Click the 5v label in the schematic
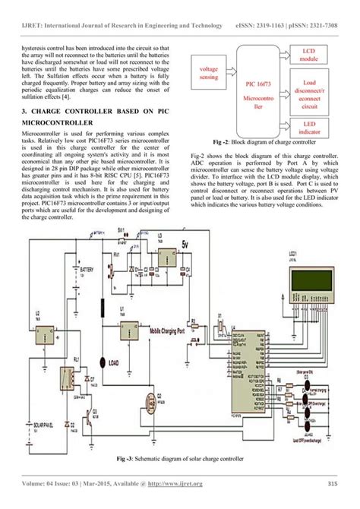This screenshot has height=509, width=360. coord(185,245)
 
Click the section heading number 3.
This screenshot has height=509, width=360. coord(24,111)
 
